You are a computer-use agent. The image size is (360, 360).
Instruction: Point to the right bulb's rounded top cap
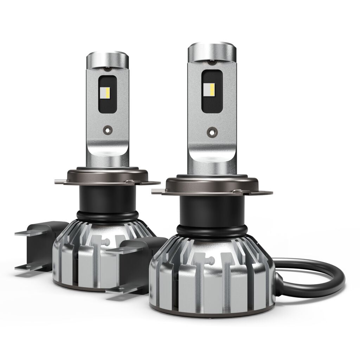[212, 51]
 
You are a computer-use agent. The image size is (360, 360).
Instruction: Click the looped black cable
[316, 278]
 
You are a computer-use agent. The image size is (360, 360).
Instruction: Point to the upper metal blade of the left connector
[30, 232]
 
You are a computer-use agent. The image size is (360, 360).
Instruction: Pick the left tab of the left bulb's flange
[61, 182]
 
